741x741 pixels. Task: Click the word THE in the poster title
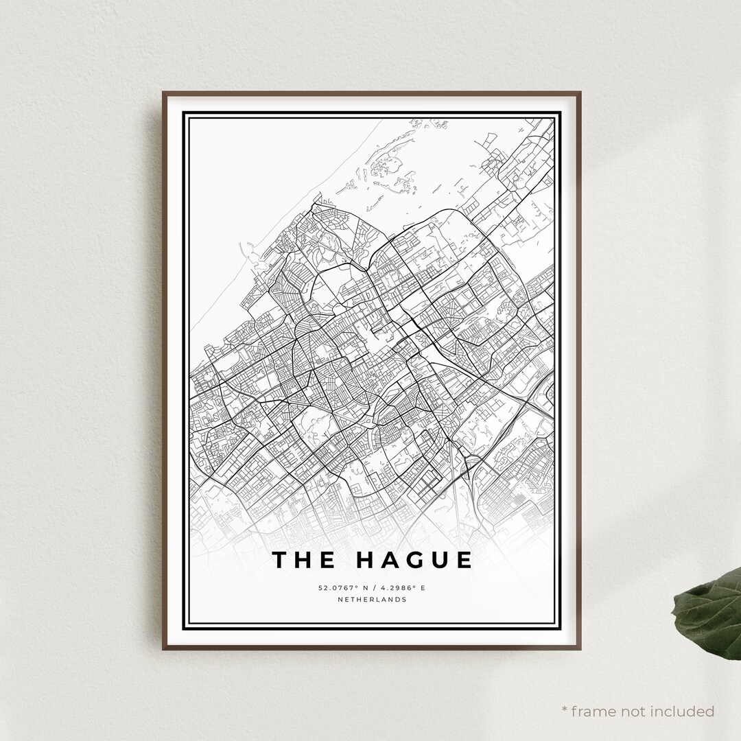[x=304, y=560]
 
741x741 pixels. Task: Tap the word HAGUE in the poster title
[x=414, y=560]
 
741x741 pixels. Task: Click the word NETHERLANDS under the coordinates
[x=372, y=600]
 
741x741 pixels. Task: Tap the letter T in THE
[x=280, y=560]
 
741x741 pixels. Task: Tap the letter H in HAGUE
[x=365, y=560]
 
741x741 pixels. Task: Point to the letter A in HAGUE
[x=389, y=560]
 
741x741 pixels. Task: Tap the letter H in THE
[x=304, y=560]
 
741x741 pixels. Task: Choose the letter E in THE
[x=328, y=560]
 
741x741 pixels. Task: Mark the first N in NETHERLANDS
[x=340, y=600]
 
